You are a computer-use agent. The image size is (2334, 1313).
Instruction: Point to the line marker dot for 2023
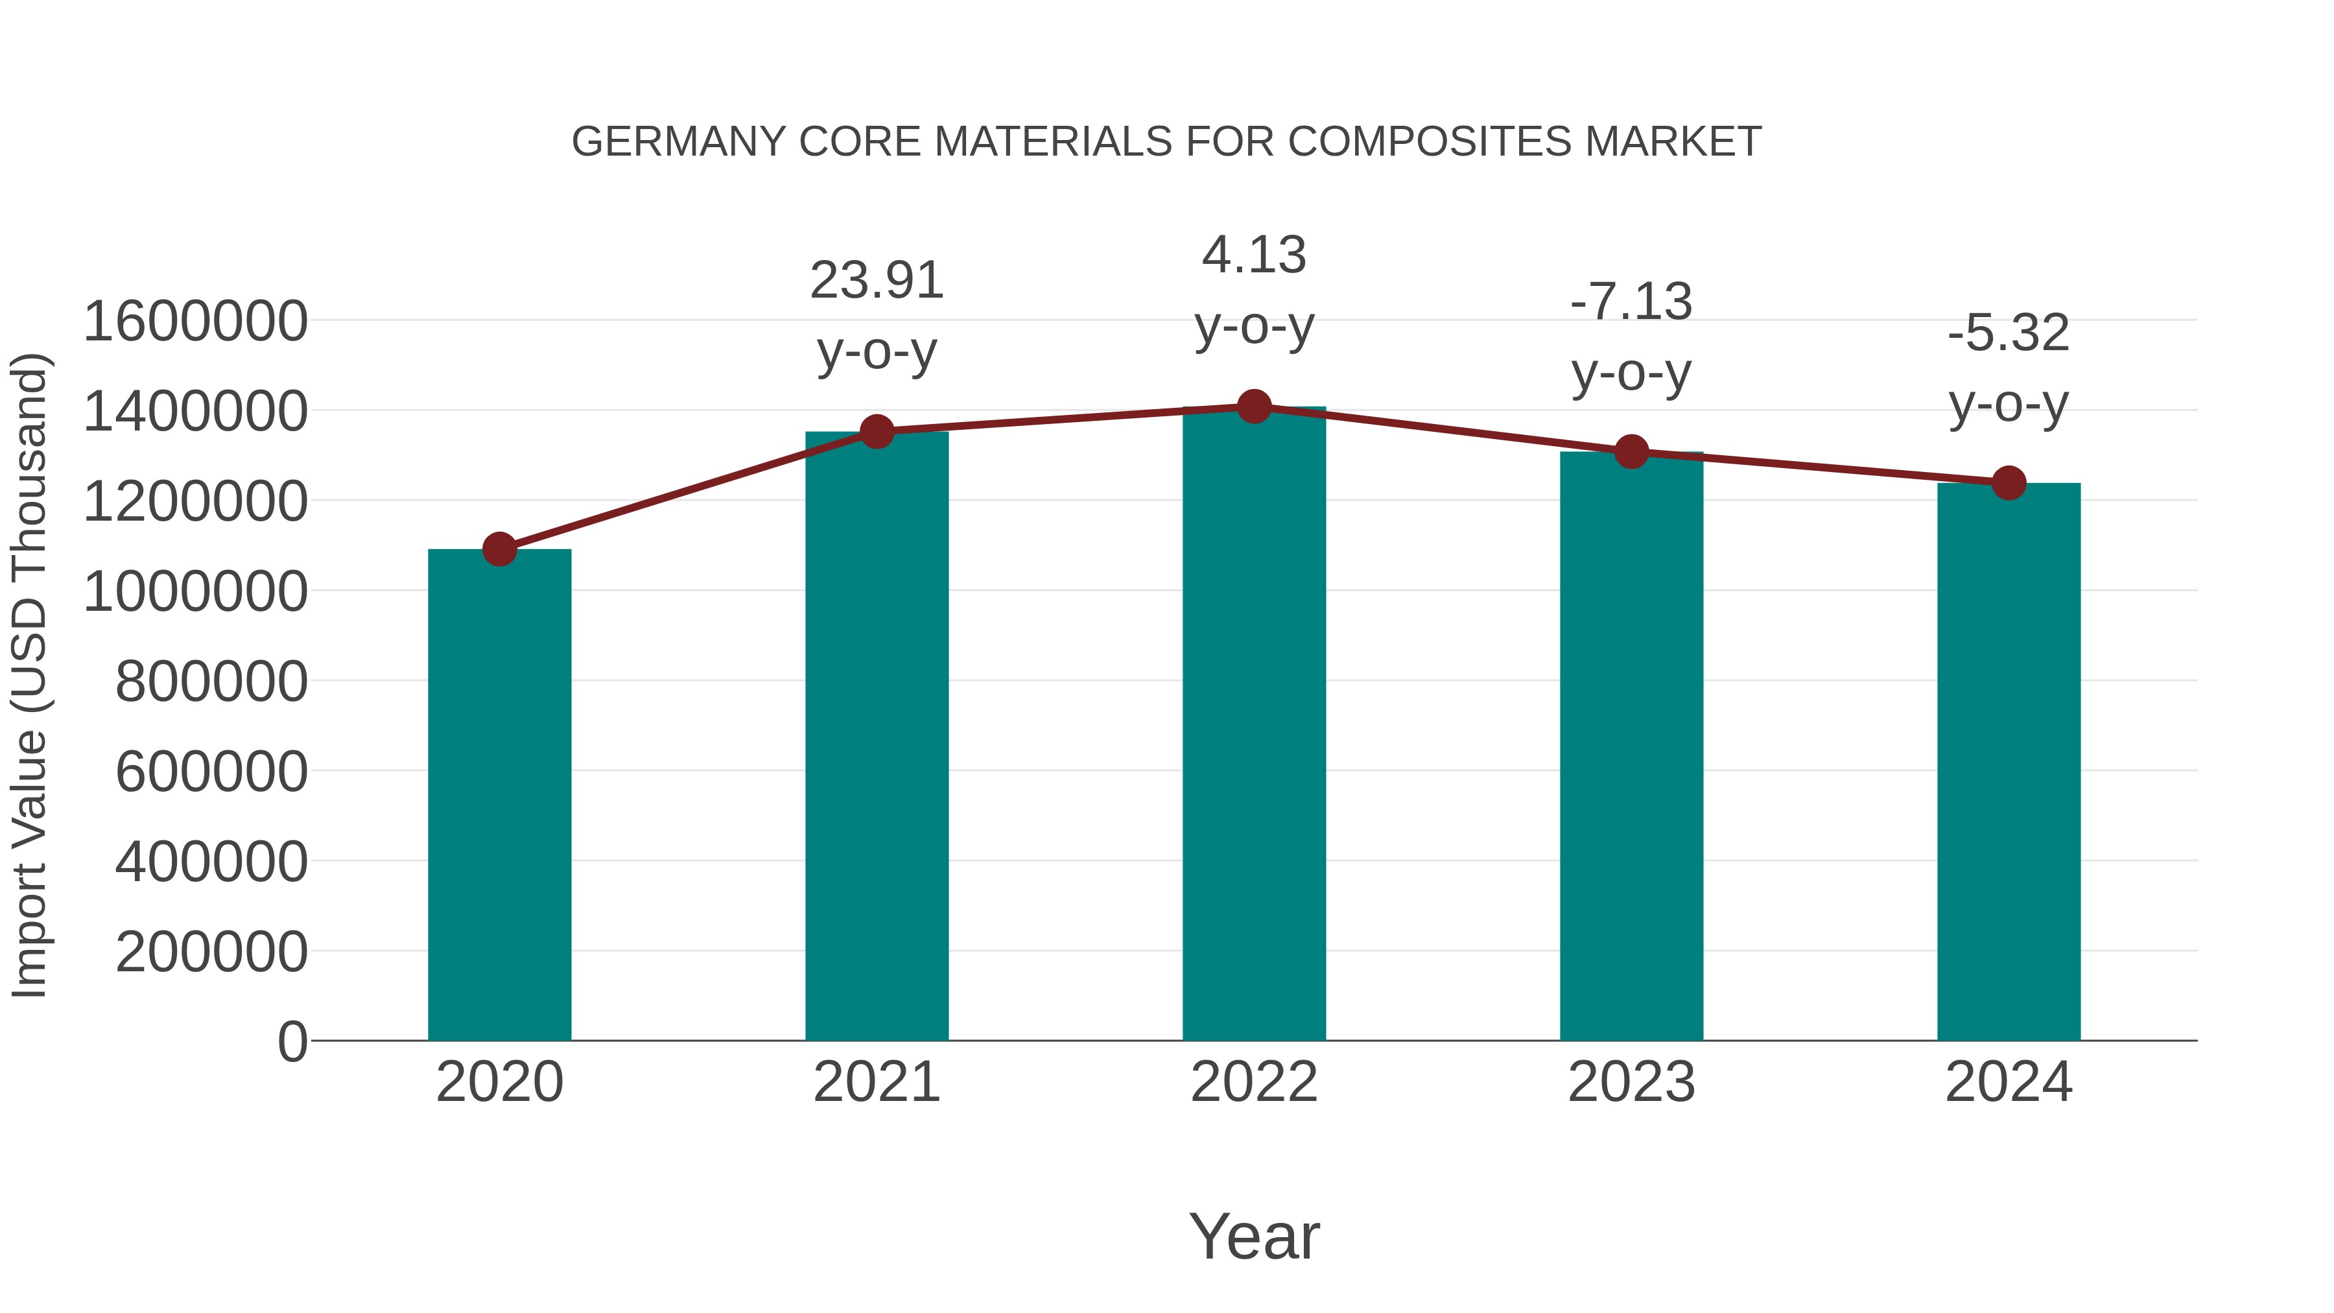[x=1631, y=451]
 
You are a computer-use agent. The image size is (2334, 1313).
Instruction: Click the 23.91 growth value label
[x=877, y=280]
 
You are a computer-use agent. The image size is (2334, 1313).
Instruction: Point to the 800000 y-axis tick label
[x=211, y=681]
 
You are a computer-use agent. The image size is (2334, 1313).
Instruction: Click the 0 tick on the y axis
[x=292, y=1041]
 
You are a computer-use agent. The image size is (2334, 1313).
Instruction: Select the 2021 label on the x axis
[x=877, y=1082]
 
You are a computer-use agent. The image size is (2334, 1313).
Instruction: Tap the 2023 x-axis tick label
[x=1631, y=1082]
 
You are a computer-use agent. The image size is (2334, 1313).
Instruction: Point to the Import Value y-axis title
[x=29, y=675]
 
